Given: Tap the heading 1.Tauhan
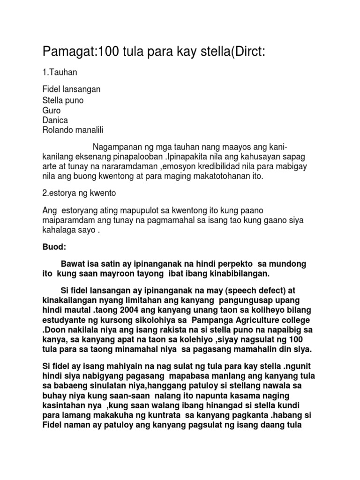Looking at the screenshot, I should tap(59, 72).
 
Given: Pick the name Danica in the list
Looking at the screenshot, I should tap(55, 120).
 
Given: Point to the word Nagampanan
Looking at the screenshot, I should tap(120, 147).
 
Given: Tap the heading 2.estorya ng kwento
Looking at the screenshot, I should tap(79, 193).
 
